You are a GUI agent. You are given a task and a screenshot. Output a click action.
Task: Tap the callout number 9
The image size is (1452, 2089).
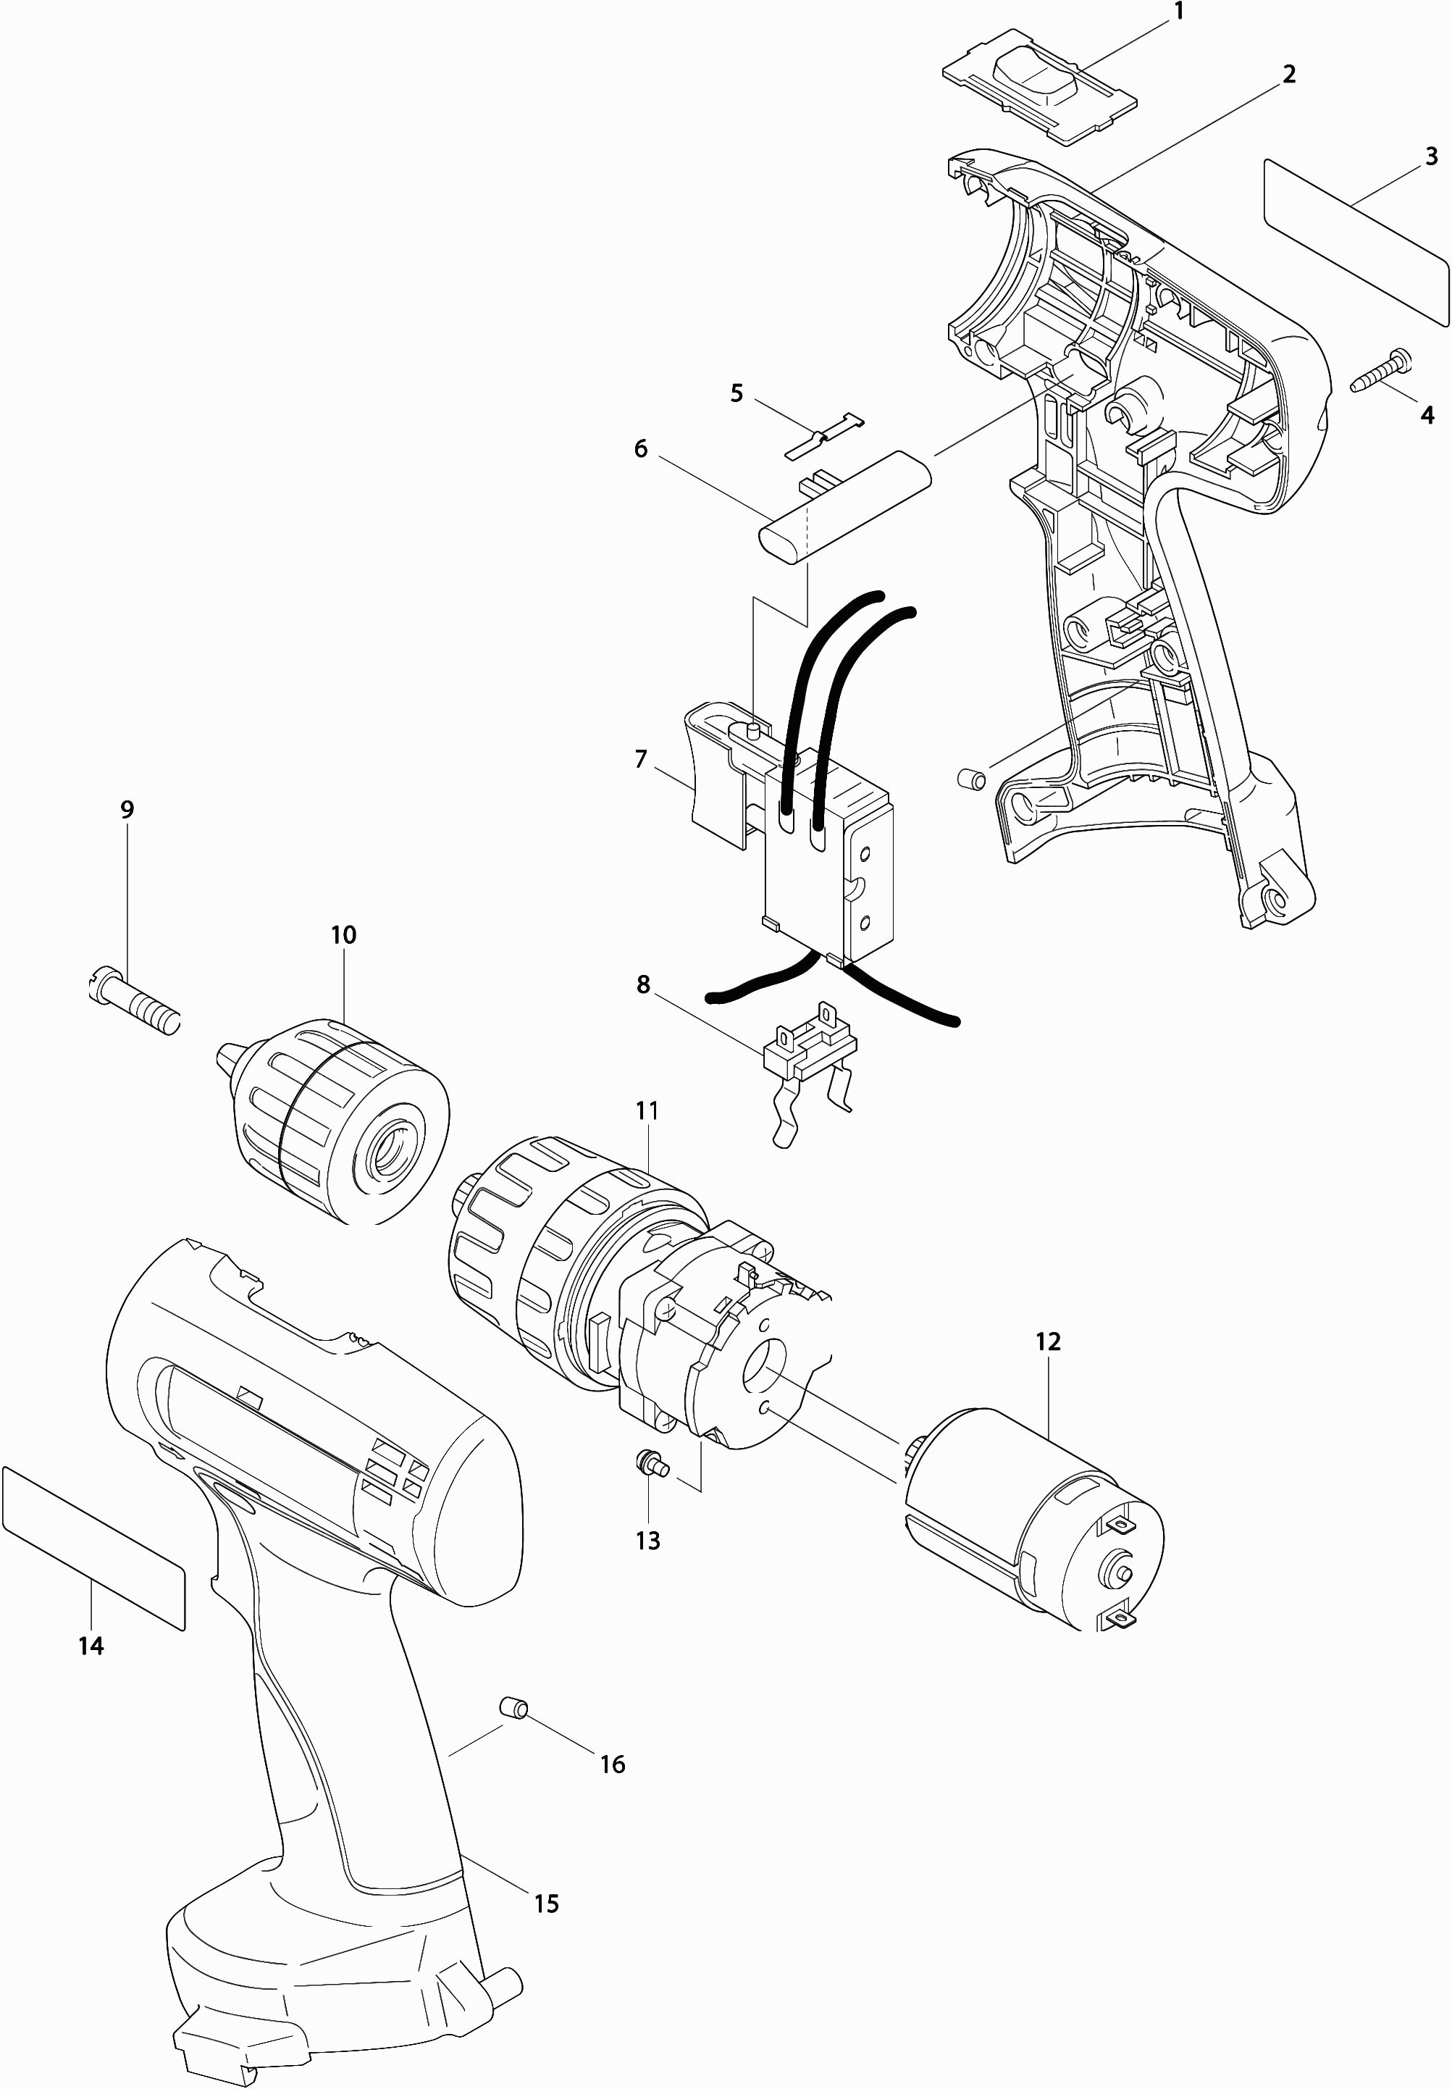pyautogui.click(x=127, y=809)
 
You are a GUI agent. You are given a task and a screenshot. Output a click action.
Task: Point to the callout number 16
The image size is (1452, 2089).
pyautogui.click(x=612, y=1764)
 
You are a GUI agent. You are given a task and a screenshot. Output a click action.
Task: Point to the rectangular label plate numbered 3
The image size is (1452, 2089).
pyautogui.click(x=1356, y=241)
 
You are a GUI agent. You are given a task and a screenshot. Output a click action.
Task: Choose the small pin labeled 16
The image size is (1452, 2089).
pyautogui.click(x=515, y=1706)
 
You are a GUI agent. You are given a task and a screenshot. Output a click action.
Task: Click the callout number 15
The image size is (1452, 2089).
pyautogui.click(x=546, y=1904)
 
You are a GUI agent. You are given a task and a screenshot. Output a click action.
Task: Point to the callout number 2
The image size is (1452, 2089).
pyautogui.click(x=1289, y=74)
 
